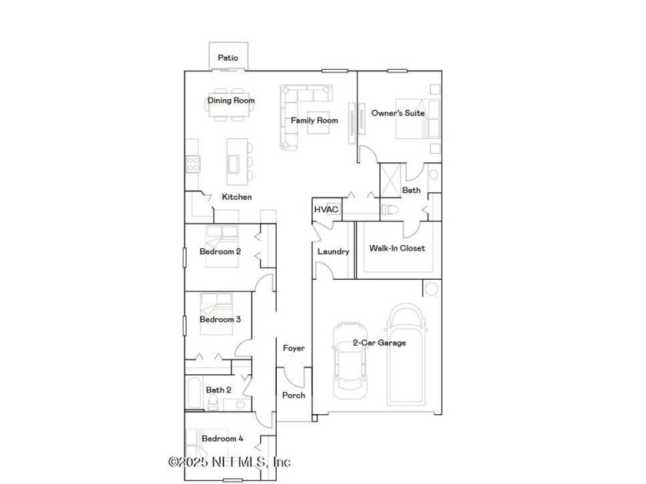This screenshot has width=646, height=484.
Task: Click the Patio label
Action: pos(228,58)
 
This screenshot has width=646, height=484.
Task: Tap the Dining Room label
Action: pos(231,101)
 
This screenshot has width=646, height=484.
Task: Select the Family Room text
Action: pos(315,120)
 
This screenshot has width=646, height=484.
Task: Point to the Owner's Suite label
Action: pos(398,113)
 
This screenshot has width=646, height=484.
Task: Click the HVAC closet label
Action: pos(326,210)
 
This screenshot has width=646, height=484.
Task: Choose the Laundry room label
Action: pos(333,251)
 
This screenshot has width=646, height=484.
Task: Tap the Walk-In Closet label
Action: pos(397,248)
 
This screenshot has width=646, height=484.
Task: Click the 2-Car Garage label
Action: pos(379,343)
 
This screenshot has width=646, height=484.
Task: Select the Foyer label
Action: pos(294,348)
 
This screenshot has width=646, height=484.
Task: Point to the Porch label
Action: pos(294,395)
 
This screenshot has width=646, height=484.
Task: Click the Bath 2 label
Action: pos(218,390)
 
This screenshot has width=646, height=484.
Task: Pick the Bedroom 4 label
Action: pos(222,439)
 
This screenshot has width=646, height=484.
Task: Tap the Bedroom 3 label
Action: pos(220,320)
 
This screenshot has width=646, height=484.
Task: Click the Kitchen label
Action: pos(237,197)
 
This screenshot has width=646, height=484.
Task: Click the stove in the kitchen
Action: pos(193,164)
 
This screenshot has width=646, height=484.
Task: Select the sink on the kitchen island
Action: pos(234,164)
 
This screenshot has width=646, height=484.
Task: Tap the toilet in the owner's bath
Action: pos(390,210)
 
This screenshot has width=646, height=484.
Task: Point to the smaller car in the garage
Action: pos(350,360)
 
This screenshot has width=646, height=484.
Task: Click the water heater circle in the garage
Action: pos(431,289)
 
